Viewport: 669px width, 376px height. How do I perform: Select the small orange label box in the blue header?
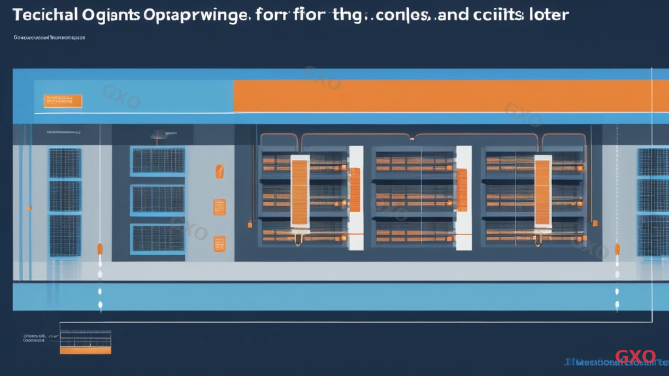[63, 101]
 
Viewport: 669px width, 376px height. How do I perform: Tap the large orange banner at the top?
[442, 96]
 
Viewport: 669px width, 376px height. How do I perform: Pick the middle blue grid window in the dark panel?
[157, 200]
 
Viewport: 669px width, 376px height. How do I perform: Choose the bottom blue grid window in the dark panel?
[157, 238]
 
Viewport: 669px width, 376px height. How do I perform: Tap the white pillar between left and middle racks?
[355, 198]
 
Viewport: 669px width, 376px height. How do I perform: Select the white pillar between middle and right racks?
[463, 198]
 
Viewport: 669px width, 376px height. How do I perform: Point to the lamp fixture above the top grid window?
[157, 136]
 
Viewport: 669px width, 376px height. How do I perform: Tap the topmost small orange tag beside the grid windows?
[220, 172]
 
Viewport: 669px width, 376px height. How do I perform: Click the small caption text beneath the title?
[49, 38]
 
